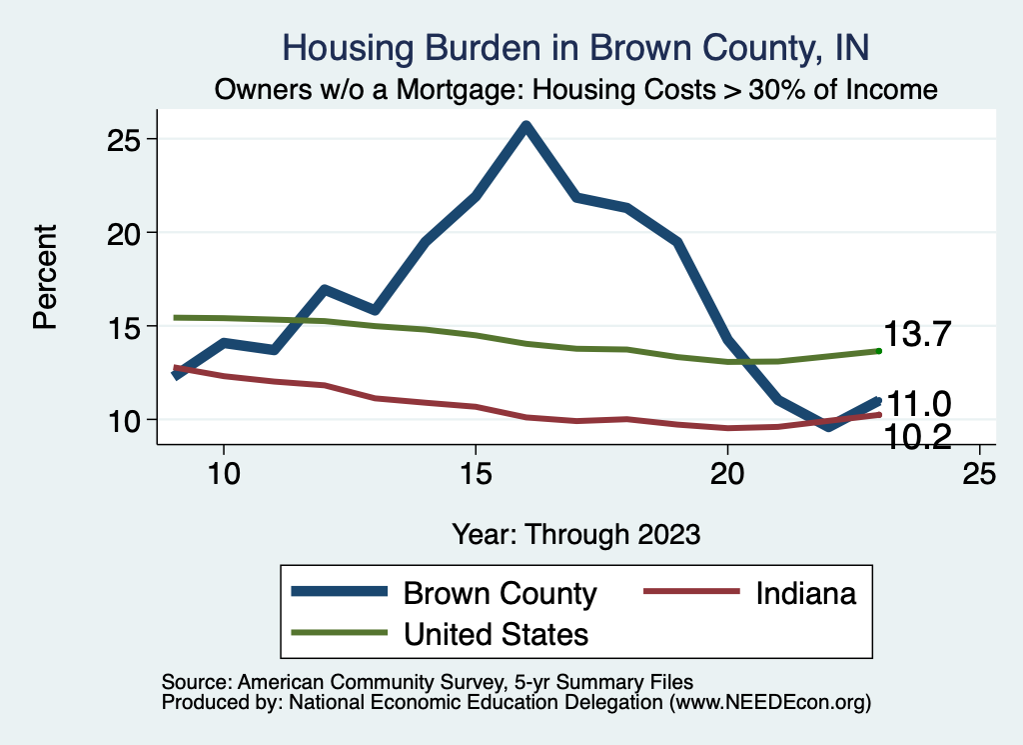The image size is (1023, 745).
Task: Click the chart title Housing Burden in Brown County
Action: coord(576,46)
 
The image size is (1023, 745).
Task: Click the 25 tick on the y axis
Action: coord(126,139)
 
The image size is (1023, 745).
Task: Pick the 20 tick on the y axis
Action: coord(126,232)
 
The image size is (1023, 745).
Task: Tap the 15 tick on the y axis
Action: coord(126,326)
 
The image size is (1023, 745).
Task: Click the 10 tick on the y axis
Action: coord(126,420)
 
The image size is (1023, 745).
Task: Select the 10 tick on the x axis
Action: coord(223,473)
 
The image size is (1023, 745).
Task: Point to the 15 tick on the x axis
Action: coord(476,473)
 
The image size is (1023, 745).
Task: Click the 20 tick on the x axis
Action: coord(727,473)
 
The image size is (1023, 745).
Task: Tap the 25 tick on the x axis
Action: coord(979,473)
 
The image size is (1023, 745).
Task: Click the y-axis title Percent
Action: coord(45,278)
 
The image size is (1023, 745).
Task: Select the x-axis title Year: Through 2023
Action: coord(575,533)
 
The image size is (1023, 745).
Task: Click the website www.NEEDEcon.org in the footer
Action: coord(769,703)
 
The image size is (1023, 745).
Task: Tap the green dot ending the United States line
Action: coord(878,351)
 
